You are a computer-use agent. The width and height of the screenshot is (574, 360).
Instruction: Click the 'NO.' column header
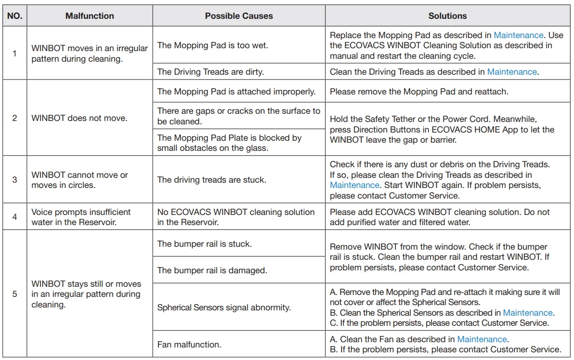pyautogui.click(x=14, y=16)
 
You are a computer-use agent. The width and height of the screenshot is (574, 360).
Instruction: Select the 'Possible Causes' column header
pyautogui.click(x=239, y=16)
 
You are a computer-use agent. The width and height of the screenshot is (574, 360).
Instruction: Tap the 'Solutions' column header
pyautogui.click(x=447, y=16)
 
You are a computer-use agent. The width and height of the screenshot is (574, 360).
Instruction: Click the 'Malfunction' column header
pyautogui.click(x=90, y=16)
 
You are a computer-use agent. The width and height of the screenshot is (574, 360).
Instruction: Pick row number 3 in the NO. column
pyautogui.click(x=14, y=180)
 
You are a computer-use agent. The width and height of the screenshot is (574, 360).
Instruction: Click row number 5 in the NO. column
pyautogui.click(x=14, y=293)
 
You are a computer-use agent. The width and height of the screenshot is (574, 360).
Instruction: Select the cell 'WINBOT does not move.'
pyautogui.click(x=79, y=118)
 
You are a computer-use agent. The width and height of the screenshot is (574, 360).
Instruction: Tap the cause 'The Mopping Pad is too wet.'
pyautogui.click(x=212, y=45)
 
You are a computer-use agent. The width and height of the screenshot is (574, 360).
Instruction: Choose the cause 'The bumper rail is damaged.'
pyautogui.click(x=212, y=270)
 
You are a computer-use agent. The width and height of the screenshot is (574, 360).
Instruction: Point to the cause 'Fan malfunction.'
pyautogui.click(x=190, y=345)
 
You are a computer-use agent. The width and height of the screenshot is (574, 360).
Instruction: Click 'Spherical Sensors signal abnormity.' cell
pyautogui.click(x=224, y=307)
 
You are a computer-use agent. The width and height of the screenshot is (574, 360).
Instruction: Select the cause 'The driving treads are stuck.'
pyautogui.click(x=211, y=180)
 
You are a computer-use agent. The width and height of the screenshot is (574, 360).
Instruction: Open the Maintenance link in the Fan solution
pyautogui.click(x=482, y=339)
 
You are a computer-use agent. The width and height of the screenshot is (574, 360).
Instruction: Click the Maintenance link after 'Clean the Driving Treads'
pyautogui.click(x=512, y=72)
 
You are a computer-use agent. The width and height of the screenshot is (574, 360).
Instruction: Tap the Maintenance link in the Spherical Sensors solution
pyautogui.click(x=528, y=313)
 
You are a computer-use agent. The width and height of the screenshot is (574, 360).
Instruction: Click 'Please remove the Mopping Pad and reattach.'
pyautogui.click(x=419, y=91)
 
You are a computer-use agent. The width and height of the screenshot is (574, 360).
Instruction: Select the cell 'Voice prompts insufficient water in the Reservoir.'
pyautogui.click(x=81, y=217)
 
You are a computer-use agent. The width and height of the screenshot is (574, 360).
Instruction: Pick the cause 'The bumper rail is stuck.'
pyautogui.click(x=204, y=244)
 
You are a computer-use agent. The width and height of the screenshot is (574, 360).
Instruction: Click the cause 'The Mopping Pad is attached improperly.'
pyautogui.click(x=236, y=91)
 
